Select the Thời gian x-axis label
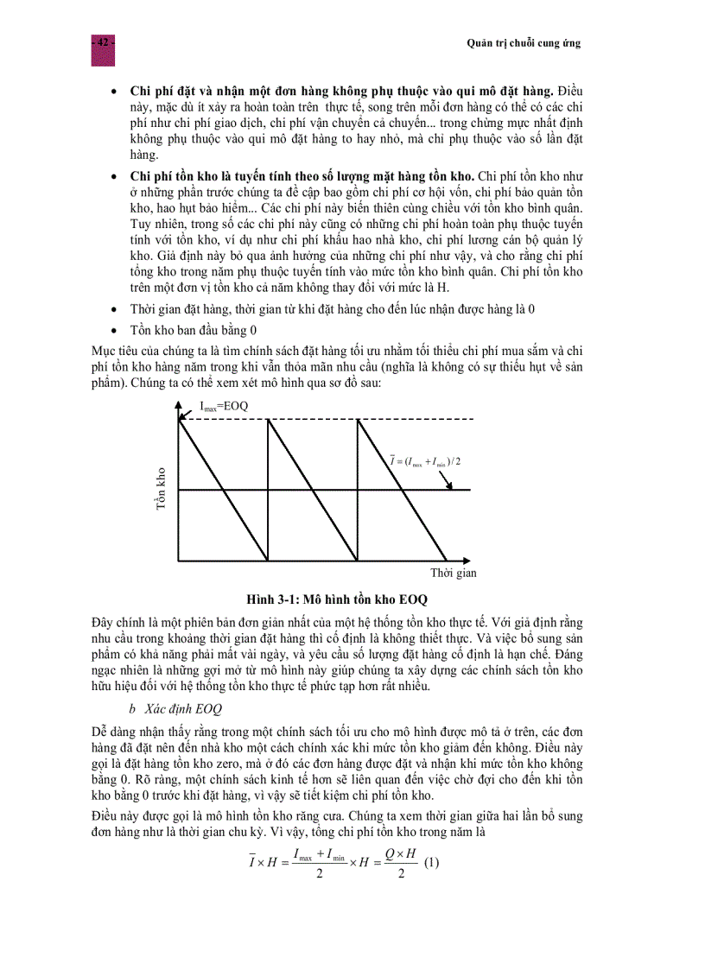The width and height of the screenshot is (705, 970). (x=453, y=573)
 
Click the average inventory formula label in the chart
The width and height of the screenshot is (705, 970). (x=425, y=461)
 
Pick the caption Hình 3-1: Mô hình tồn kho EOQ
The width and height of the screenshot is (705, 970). (x=337, y=599)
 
